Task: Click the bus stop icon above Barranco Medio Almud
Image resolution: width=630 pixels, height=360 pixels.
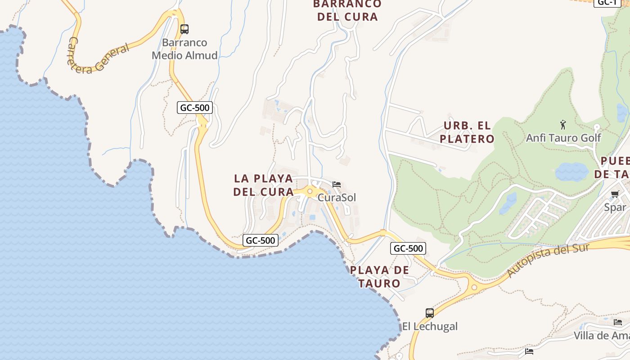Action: (184, 29)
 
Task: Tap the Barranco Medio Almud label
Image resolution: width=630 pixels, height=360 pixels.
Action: (184, 49)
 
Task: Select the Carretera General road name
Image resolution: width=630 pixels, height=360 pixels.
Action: (98, 56)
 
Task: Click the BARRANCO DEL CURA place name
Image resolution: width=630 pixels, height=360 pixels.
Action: (347, 10)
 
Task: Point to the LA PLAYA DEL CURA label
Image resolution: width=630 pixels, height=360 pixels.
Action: (263, 185)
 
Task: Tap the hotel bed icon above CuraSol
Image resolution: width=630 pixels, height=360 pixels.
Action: (337, 184)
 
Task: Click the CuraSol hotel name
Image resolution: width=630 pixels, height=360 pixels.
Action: (337, 198)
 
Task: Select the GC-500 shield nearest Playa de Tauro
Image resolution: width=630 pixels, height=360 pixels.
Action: (408, 248)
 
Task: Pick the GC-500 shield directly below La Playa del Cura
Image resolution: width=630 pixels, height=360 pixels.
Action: (261, 240)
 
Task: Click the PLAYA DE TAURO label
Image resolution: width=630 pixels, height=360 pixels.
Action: (380, 277)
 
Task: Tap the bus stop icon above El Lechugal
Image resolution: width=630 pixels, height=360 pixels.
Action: (430, 313)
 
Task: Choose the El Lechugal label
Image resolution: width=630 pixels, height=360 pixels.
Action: (430, 326)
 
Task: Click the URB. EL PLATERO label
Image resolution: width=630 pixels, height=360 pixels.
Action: (467, 132)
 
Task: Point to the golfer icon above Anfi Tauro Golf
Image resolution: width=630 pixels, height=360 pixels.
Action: (563, 125)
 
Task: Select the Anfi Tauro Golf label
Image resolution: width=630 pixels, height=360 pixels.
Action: (563, 138)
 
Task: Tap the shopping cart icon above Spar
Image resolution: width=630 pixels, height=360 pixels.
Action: (615, 194)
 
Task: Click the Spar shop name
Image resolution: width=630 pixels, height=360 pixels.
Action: (615, 207)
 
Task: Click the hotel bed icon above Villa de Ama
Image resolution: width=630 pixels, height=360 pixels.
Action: (618, 322)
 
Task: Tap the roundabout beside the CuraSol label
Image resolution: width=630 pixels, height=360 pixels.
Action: (310, 191)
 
